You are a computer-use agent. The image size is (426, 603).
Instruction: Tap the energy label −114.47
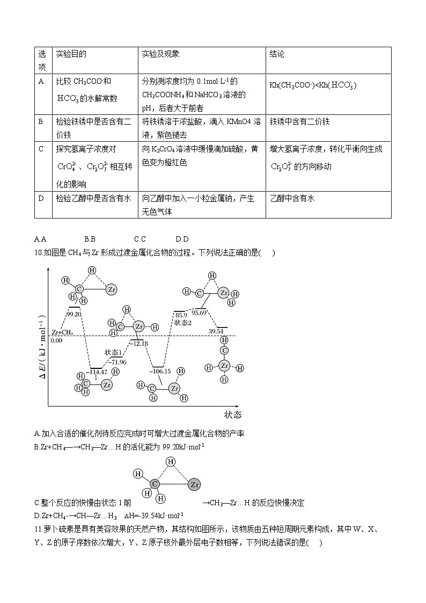click(98, 372)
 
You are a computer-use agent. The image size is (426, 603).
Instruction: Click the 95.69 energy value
click(200, 313)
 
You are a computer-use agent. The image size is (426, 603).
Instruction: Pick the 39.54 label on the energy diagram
click(216, 331)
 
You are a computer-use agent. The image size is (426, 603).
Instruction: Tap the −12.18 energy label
click(138, 343)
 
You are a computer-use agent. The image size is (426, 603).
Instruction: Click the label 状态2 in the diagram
click(183, 323)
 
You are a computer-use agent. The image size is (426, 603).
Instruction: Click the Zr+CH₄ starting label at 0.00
click(62, 333)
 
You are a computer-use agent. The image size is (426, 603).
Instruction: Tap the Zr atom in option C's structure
click(194, 485)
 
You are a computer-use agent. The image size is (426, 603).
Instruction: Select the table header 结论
click(277, 54)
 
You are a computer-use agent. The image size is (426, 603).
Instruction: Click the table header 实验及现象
click(160, 54)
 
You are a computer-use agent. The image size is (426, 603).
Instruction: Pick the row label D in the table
click(41, 198)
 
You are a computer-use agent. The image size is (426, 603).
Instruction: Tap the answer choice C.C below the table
click(140, 239)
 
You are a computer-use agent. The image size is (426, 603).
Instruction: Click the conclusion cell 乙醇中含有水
click(292, 198)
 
